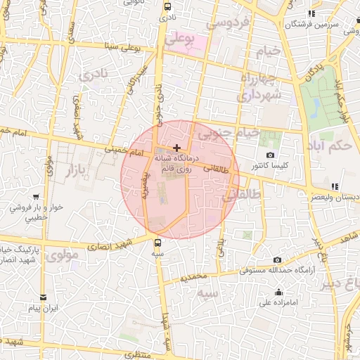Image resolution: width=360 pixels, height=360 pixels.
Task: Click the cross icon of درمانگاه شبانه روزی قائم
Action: [176, 148]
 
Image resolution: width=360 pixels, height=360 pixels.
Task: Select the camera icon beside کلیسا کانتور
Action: [271, 155]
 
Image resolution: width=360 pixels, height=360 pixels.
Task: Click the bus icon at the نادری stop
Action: [167, 7]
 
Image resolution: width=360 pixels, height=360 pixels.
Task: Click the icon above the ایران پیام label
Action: [44, 297]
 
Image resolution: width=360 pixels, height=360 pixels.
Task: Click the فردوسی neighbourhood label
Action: [226, 22]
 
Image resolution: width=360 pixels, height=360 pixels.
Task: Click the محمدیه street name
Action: [193, 278]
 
